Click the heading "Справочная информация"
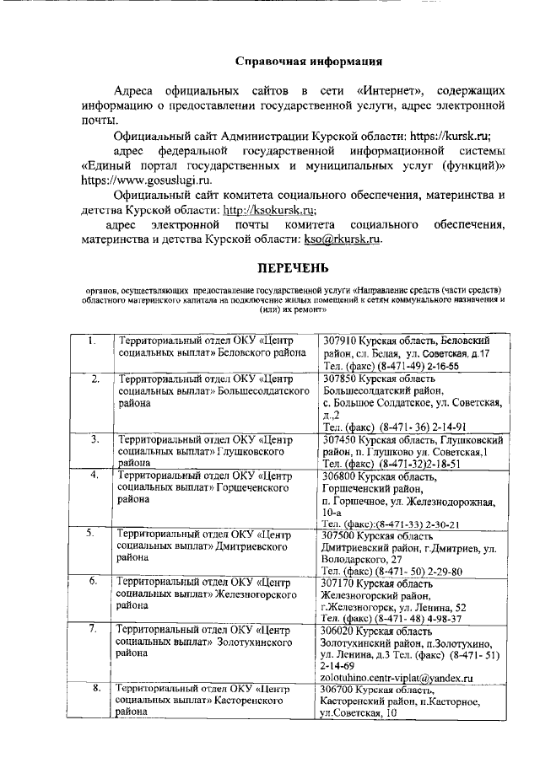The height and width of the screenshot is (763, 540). (308, 62)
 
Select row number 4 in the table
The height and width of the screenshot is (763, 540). (94, 476)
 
